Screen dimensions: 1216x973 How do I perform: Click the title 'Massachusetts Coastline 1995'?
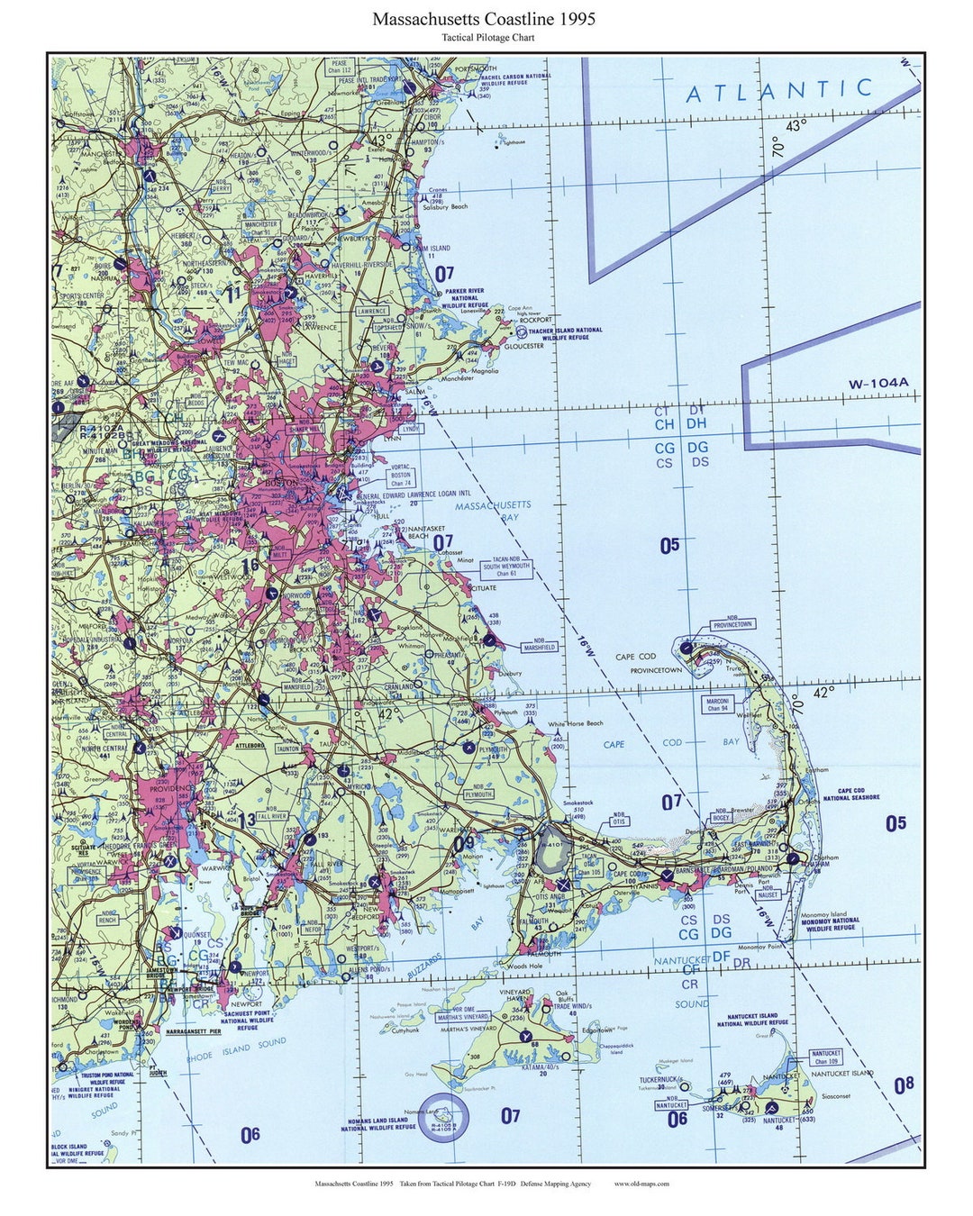[484, 19]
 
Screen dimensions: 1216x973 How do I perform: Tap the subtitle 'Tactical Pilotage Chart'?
[487, 38]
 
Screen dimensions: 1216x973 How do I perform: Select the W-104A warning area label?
[878, 384]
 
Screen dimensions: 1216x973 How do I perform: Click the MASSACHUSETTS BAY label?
[493, 512]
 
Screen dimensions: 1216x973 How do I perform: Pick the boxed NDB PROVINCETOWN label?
[732, 623]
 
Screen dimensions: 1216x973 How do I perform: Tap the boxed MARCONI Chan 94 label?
[717, 703]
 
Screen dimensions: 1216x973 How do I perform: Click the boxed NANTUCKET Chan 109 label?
[826, 1057]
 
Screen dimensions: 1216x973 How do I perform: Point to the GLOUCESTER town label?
[523, 346]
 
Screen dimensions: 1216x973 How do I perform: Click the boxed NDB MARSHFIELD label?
[539, 646]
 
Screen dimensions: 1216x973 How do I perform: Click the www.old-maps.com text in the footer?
[641, 1184]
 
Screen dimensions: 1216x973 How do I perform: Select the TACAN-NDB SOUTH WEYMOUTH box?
[506, 567]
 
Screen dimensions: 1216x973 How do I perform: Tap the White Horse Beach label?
[576, 723]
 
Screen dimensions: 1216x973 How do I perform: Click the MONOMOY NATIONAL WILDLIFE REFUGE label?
[831, 923]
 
